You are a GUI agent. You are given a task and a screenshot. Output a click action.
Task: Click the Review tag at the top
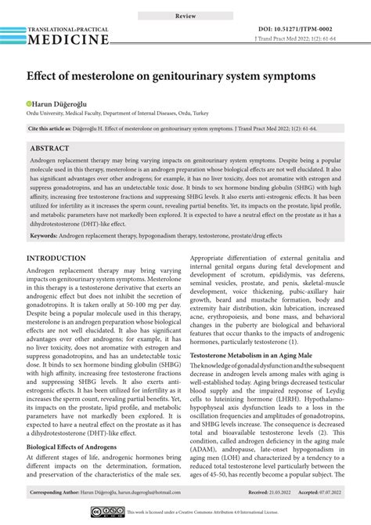185,15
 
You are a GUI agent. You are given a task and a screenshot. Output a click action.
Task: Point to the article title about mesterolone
171,77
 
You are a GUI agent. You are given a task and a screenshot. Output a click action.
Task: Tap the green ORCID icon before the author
31,103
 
